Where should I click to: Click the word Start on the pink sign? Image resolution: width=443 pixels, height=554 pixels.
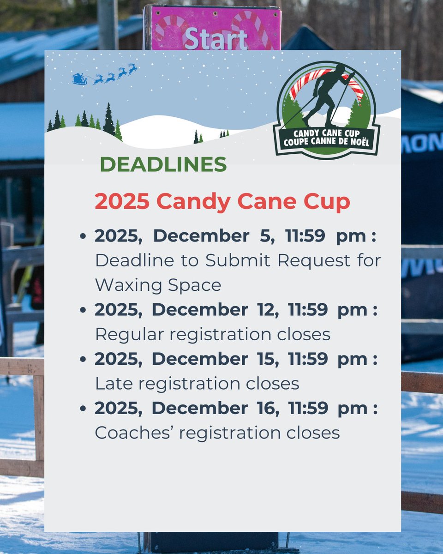pos(216,39)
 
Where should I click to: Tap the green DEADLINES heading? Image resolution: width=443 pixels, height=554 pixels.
pos(163,165)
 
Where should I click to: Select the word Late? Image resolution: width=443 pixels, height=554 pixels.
pos(110,384)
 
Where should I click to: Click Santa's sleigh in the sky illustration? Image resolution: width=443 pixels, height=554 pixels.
pos(79,79)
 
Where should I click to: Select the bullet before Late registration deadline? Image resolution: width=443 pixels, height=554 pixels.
pos(83,360)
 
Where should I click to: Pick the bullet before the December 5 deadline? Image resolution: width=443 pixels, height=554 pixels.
pos(83,236)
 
